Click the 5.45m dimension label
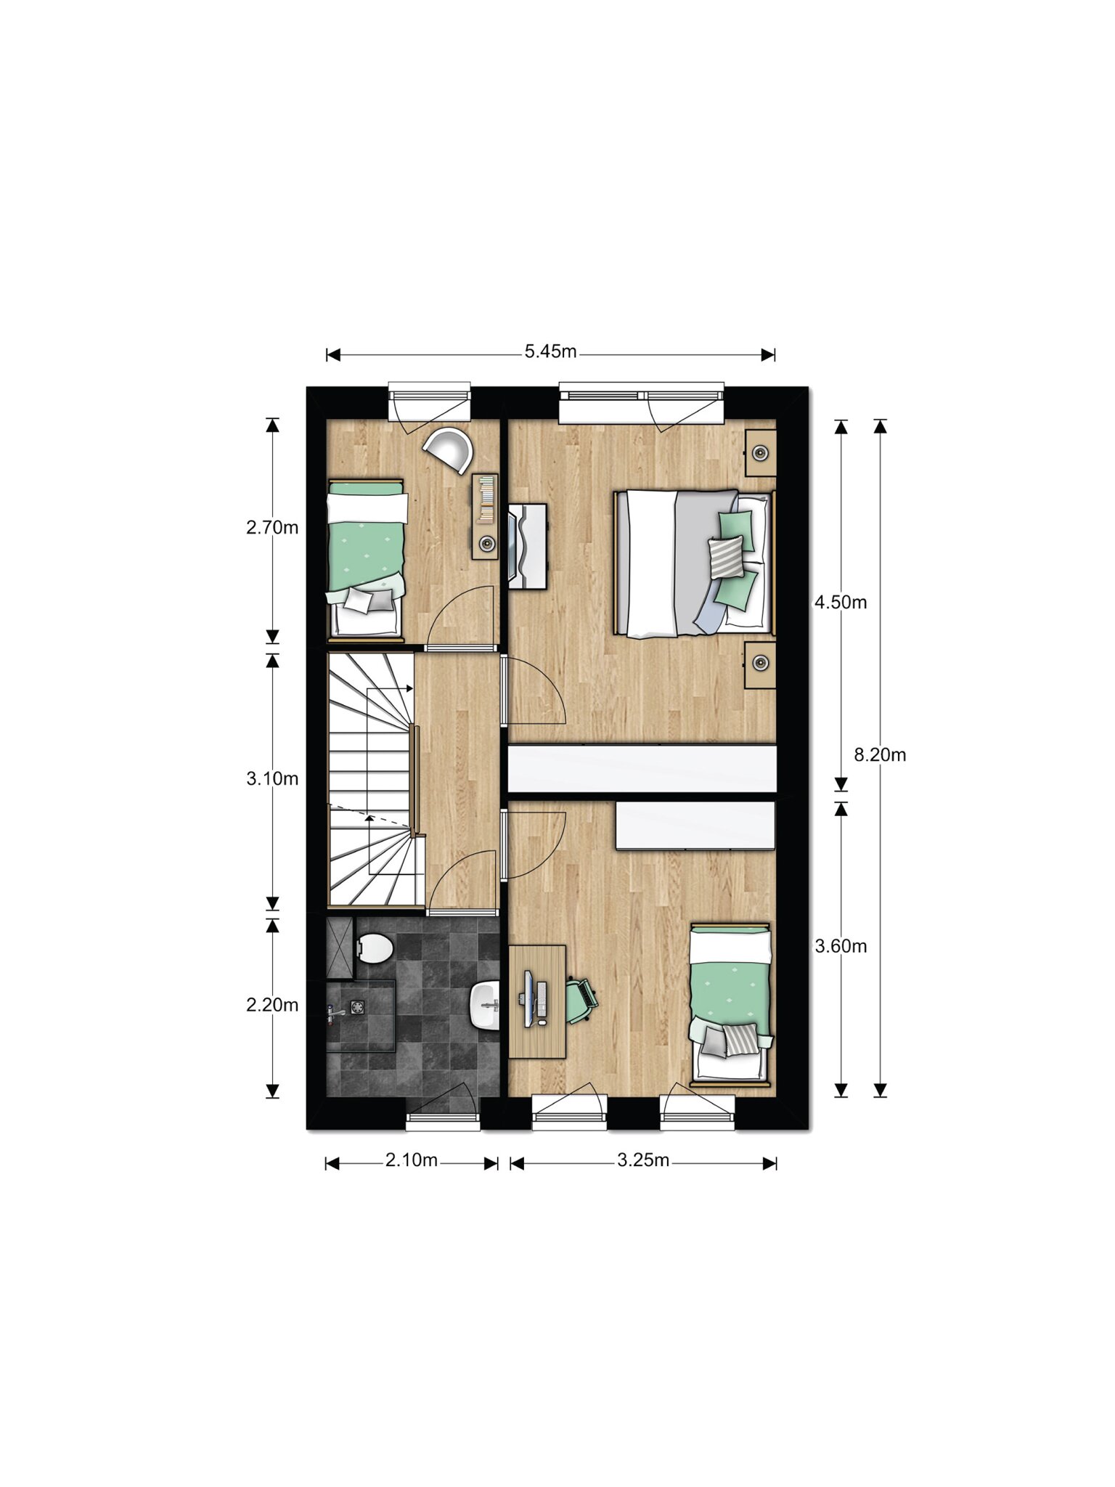click(x=550, y=352)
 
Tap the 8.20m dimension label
click(x=880, y=755)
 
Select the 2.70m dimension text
click(x=272, y=528)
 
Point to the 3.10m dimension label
click(x=272, y=779)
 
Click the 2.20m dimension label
click(x=272, y=1006)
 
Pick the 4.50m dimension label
click(x=841, y=603)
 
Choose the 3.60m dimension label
click(x=841, y=947)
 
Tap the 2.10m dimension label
click(x=411, y=1161)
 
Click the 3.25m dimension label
click(x=643, y=1161)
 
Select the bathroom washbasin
click(x=485, y=1005)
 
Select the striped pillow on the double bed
click(x=727, y=555)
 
